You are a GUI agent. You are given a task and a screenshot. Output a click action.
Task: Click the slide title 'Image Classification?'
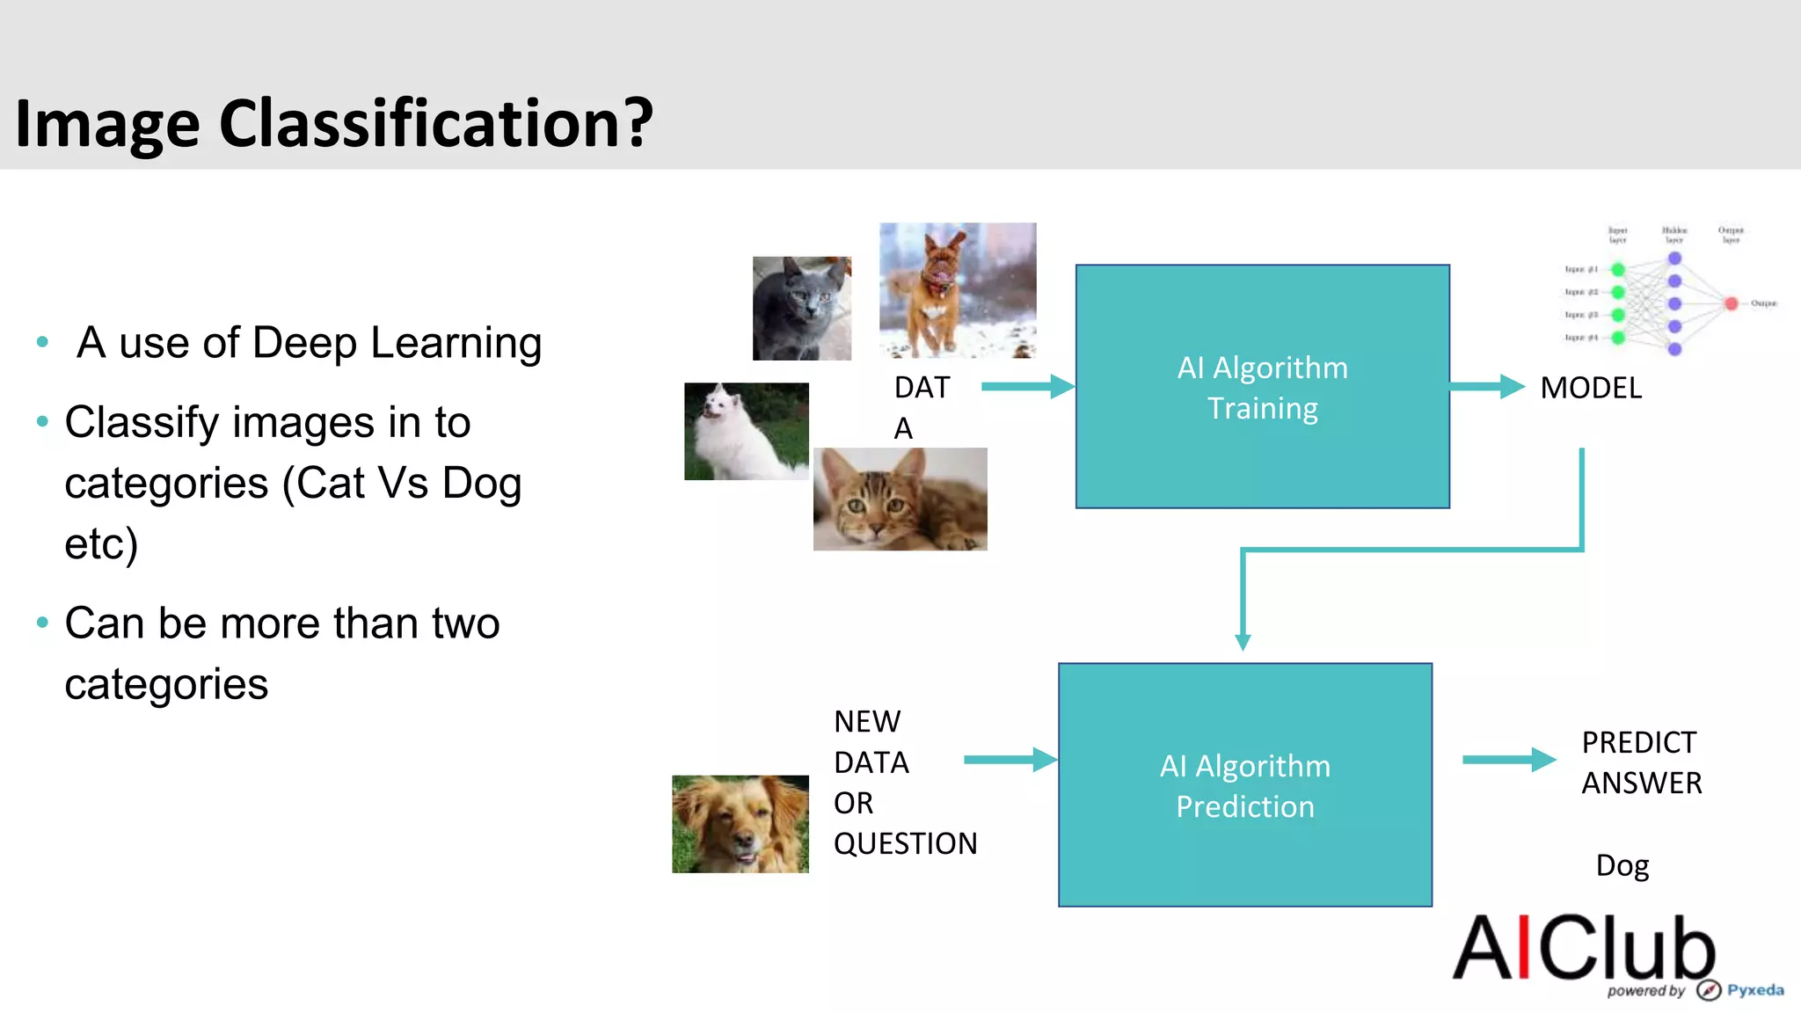tap(334, 123)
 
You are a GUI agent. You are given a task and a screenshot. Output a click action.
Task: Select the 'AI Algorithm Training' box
tap(1262, 387)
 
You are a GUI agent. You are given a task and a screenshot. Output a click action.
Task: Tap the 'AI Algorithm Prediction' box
tap(1244, 785)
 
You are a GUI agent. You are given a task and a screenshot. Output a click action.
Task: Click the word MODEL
tap(1591, 388)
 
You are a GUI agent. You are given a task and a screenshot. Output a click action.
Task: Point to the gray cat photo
tap(801, 309)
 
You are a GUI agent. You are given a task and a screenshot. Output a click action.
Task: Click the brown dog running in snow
tap(957, 290)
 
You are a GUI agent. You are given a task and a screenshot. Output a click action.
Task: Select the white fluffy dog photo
tap(746, 431)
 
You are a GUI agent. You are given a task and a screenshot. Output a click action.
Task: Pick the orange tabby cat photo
tap(900, 499)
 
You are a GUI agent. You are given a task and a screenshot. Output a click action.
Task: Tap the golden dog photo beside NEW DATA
tap(740, 824)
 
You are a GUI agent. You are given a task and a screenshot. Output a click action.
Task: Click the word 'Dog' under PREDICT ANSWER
tap(1622, 865)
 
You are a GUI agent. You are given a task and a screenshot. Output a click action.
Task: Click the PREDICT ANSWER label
tap(1641, 762)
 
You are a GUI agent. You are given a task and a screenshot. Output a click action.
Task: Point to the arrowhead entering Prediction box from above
tap(1243, 641)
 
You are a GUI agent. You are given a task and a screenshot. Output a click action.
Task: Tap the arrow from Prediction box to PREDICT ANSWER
tap(1508, 760)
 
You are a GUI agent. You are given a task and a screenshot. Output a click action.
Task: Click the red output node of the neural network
tap(1731, 303)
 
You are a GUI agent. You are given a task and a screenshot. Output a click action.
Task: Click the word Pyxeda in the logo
tap(1755, 990)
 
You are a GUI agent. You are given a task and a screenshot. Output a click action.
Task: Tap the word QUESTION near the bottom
tap(905, 843)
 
